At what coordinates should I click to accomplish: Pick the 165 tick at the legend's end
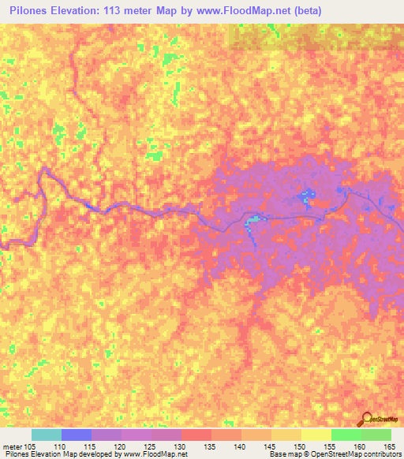click(x=389, y=446)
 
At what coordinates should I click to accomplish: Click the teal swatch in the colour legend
click(x=47, y=435)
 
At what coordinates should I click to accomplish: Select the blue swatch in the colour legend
click(x=77, y=435)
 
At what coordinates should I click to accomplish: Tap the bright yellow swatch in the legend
click(x=316, y=435)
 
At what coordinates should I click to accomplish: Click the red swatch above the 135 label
click(x=196, y=435)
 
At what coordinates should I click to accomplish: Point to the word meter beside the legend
click(x=12, y=446)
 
